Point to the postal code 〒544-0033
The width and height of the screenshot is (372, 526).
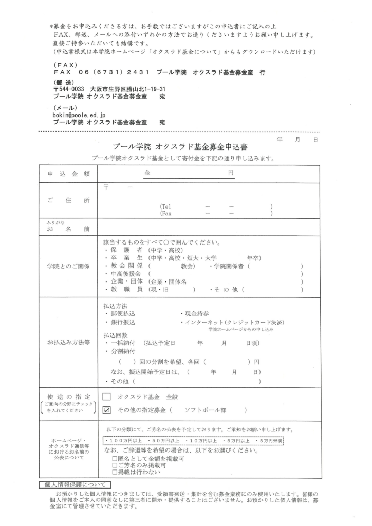pos(69,89)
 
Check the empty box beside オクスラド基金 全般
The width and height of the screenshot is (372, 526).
pos(107,397)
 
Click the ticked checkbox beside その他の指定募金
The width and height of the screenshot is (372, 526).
pos(107,410)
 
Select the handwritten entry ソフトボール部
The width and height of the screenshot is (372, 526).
pos(205,410)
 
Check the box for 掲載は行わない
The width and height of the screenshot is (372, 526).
pos(115,472)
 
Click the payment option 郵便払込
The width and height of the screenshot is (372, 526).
pos(122,313)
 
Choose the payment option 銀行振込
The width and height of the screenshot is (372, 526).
pos(122,322)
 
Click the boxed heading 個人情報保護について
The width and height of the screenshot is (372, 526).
pos(75,484)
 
